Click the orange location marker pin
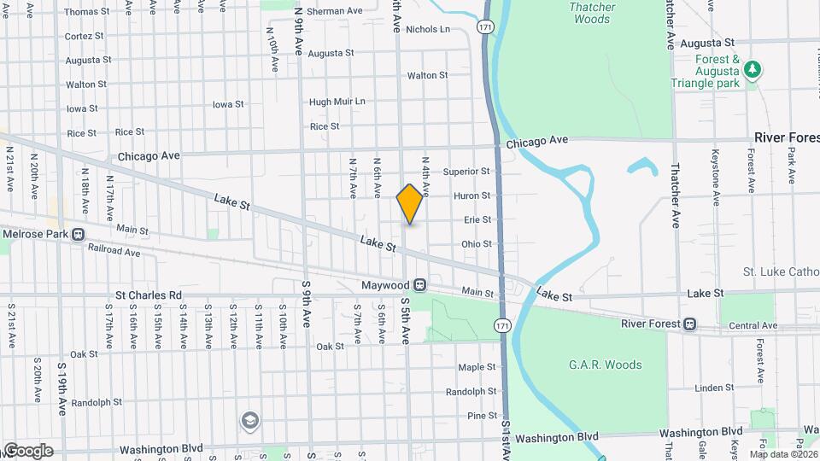pos(410,203)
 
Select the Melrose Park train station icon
pos(78,233)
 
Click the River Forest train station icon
pos(689,324)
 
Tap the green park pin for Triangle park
pos(753,69)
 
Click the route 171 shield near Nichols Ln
pos(485,27)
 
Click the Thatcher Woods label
pos(592,13)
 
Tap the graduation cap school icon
pos(249,419)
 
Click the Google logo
pos(28,450)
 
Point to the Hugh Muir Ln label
pos(337,102)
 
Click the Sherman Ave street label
pos(334,11)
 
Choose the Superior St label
pos(466,172)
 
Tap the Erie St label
pos(477,219)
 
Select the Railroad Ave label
pos(114,252)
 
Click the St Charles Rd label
pos(149,295)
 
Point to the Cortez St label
pos(84,37)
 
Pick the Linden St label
pos(708,388)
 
